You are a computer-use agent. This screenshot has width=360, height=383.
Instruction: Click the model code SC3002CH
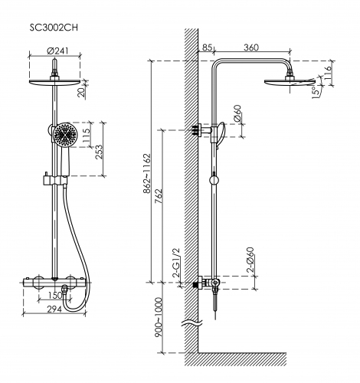point(54,28)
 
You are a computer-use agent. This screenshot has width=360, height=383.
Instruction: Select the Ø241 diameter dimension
point(57,51)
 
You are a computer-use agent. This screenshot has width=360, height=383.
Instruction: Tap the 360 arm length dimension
point(251,47)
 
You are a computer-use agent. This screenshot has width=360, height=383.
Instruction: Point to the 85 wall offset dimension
point(207,47)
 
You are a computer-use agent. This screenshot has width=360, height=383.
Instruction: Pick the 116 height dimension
point(328,73)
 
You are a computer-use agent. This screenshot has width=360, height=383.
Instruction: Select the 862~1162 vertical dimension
point(148,173)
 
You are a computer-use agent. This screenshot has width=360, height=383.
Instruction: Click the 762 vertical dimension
point(159,196)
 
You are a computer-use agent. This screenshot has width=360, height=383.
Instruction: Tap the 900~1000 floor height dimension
point(159,317)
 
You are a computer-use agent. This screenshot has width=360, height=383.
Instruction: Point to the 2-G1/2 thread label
point(176,264)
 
